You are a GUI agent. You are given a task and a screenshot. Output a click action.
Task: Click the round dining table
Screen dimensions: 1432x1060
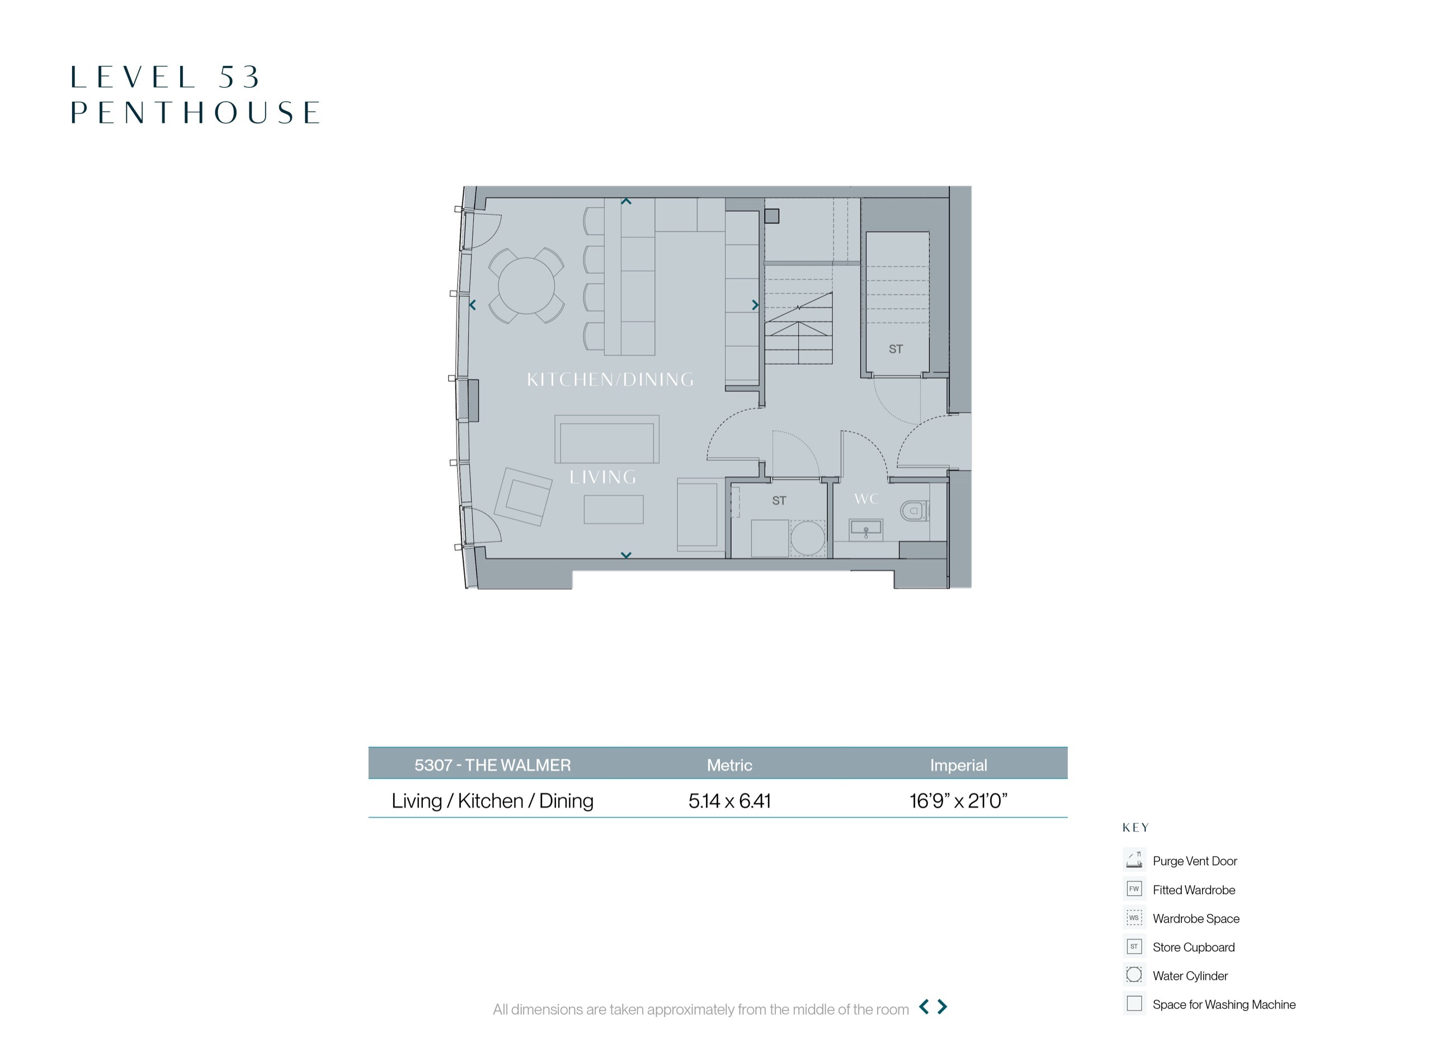526,286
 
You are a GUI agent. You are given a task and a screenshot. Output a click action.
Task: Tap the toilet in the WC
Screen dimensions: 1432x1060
915,511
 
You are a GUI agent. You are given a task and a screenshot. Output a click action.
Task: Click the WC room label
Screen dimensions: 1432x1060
866,499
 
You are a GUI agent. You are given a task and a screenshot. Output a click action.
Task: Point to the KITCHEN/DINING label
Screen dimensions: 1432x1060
610,379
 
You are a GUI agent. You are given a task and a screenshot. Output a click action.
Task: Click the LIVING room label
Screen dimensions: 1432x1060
602,477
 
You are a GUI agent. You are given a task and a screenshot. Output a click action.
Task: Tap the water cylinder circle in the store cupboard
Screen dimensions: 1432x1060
808,538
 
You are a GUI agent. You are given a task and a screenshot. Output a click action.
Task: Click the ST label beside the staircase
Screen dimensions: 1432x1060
896,349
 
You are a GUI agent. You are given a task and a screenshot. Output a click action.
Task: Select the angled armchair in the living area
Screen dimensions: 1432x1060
523,496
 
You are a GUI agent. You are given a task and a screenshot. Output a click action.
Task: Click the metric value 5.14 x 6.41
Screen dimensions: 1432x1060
729,801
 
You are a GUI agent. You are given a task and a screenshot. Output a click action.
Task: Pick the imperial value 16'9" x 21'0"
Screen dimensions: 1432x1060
958,801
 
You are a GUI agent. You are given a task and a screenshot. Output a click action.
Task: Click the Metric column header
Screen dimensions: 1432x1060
729,765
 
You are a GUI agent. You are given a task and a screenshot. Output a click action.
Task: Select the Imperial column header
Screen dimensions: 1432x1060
958,765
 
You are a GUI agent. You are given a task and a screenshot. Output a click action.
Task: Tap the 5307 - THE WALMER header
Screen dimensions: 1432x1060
492,765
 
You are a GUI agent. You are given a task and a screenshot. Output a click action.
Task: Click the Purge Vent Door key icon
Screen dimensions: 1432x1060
1134,860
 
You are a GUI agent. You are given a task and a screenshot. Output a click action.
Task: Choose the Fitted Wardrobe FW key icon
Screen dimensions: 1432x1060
1134,889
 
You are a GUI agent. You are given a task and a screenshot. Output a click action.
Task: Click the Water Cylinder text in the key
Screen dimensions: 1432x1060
1190,976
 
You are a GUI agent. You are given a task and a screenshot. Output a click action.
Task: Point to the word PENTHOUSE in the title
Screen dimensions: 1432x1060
195,112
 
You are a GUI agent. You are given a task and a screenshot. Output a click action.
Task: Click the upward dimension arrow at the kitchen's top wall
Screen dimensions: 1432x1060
626,201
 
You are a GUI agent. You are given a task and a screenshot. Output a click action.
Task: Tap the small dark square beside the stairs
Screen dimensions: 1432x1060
772,216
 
